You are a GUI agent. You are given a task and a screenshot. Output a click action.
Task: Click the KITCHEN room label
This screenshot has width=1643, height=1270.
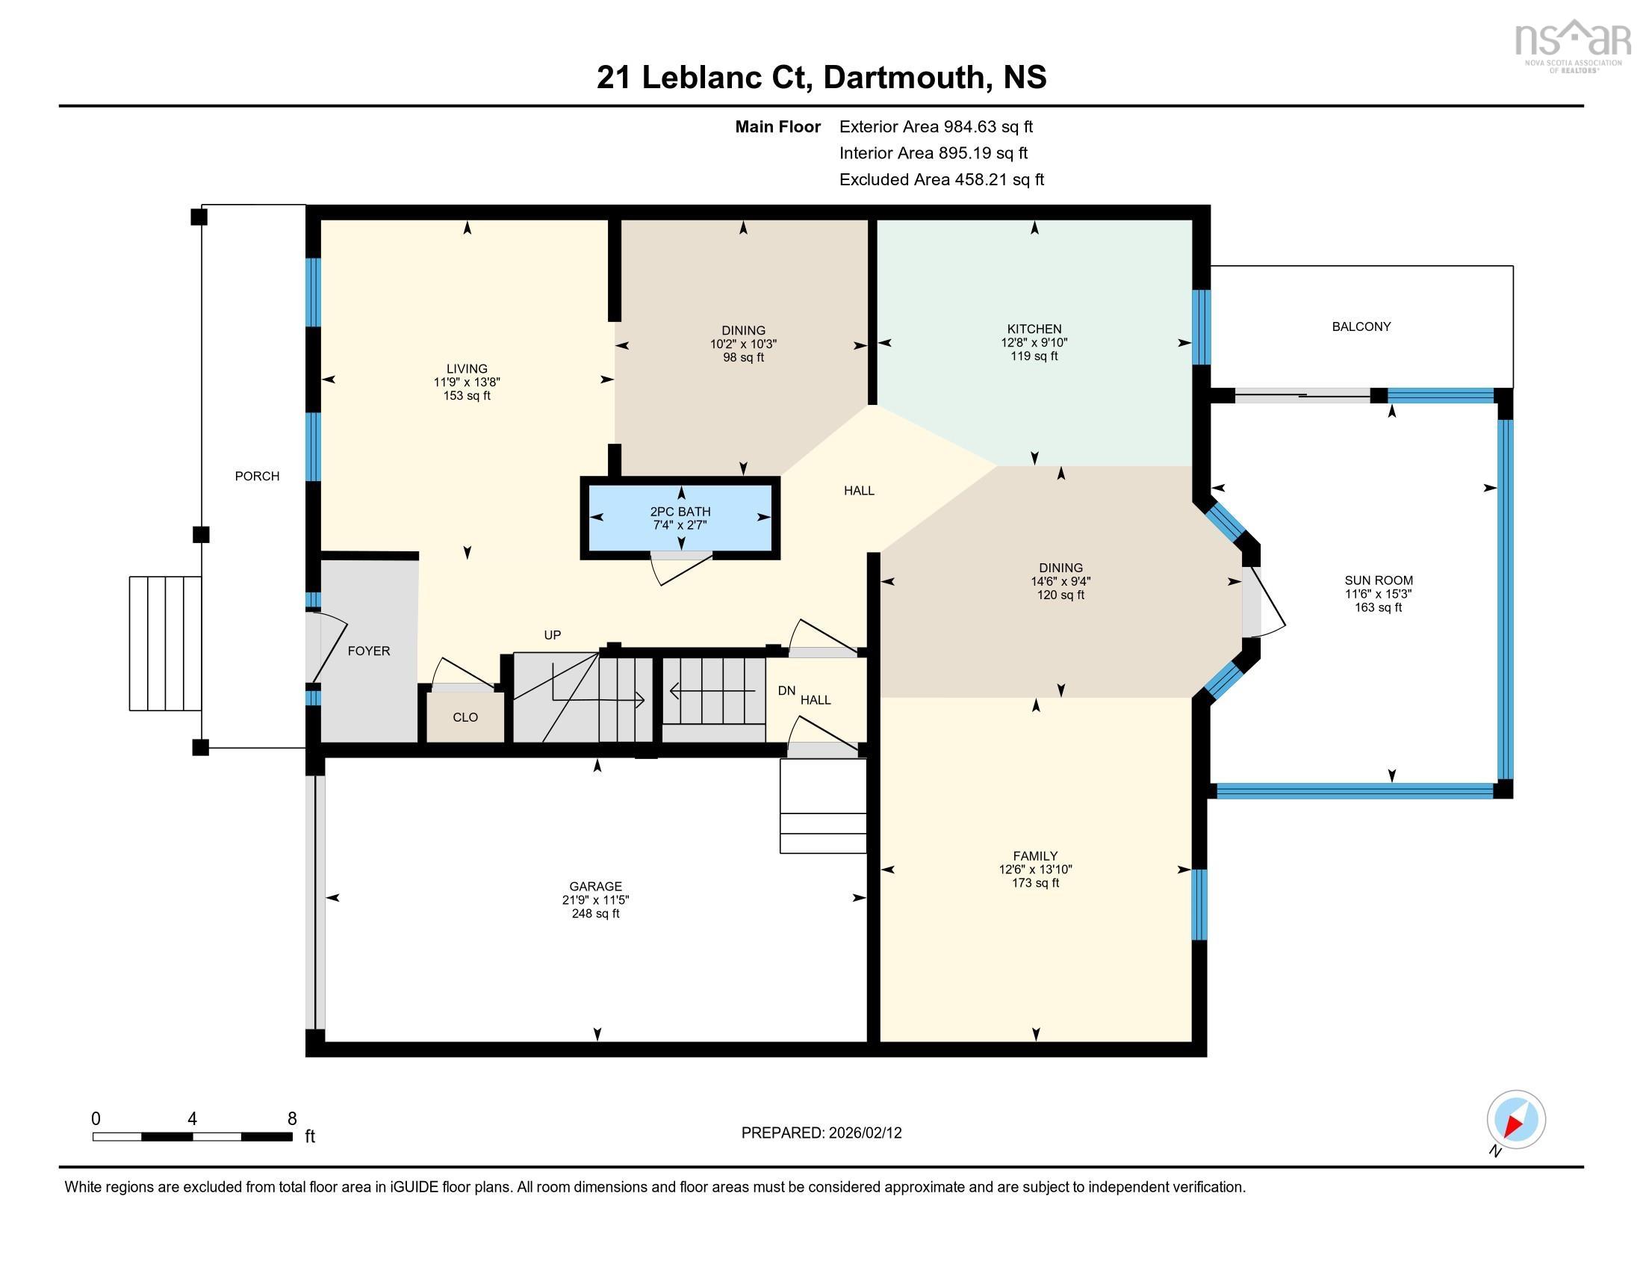1034,329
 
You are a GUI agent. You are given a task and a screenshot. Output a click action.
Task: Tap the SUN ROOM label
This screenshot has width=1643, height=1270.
1378,580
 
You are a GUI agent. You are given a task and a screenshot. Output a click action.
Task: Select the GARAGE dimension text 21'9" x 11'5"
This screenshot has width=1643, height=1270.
595,900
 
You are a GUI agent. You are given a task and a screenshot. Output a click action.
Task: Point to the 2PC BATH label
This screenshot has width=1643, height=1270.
680,512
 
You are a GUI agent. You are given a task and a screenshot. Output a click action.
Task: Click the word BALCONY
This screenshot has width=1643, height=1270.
1361,326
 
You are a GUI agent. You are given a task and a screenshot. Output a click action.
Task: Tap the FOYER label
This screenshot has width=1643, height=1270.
369,651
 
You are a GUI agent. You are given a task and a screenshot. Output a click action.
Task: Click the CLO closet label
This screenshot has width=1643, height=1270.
465,717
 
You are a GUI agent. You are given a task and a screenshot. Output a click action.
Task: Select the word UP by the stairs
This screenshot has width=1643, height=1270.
552,635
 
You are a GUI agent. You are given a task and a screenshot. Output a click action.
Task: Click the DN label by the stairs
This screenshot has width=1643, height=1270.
786,690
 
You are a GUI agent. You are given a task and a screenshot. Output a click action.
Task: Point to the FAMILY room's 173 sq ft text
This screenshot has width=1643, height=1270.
1034,882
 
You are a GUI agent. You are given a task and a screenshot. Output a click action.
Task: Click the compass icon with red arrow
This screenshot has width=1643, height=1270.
1515,1120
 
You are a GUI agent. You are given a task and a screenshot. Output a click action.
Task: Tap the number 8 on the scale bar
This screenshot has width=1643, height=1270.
292,1119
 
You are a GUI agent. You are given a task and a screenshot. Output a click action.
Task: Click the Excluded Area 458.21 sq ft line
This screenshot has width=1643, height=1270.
941,180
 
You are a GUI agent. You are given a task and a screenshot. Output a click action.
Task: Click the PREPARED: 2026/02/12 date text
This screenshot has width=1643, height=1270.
821,1133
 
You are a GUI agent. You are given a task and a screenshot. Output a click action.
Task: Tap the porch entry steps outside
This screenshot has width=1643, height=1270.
165,643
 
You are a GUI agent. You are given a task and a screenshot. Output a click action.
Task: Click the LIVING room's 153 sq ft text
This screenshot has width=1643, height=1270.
467,396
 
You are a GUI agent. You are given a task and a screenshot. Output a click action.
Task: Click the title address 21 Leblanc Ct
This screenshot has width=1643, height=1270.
704,78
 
